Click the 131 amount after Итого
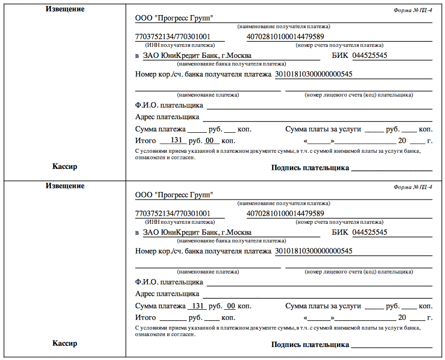[x=176, y=140]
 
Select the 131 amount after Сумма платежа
[x=197, y=306]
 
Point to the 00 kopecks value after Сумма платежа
[x=230, y=306]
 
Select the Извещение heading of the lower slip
[x=65, y=186]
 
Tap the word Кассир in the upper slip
[x=65, y=166]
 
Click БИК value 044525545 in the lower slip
[x=370, y=232]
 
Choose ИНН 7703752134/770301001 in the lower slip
[x=173, y=214]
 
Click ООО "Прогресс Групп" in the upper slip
[x=174, y=18]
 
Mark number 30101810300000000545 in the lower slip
[x=313, y=250]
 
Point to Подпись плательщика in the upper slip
[x=310, y=168]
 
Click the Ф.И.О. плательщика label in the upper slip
[x=169, y=105]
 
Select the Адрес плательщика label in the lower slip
[x=167, y=294]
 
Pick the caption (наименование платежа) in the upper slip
[x=208, y=95]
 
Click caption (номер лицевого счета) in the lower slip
[x=359, y=272]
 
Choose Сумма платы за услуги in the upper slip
[x=323, y=129]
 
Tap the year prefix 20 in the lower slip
[x=402, y=318]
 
